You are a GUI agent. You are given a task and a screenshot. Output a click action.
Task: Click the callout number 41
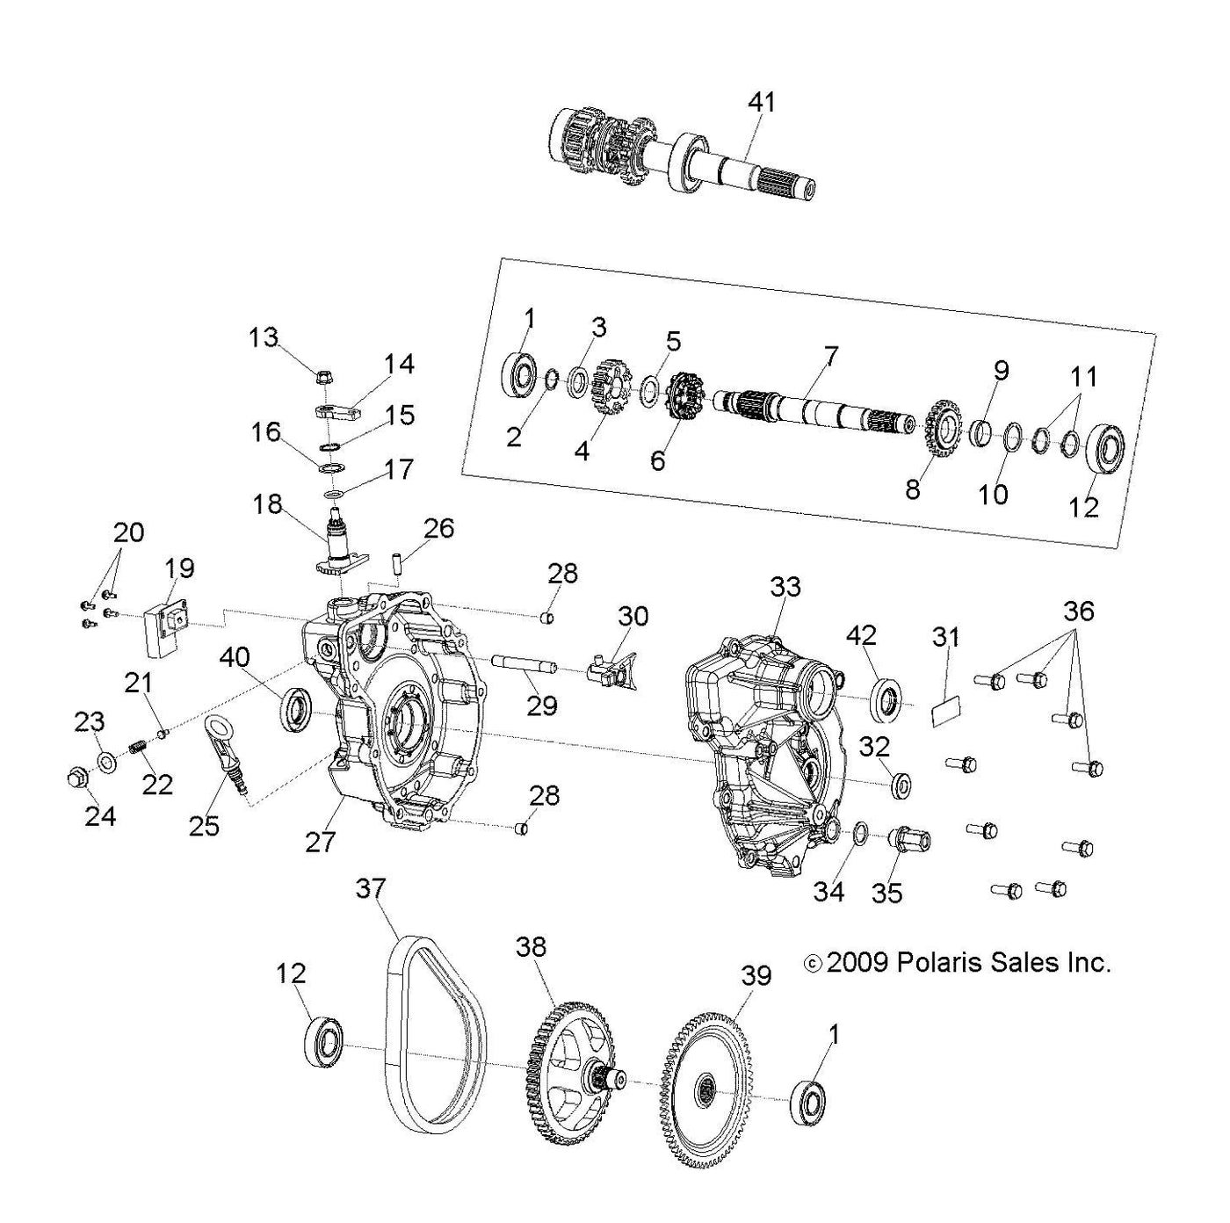762,103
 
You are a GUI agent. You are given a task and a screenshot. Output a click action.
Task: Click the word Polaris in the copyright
951,963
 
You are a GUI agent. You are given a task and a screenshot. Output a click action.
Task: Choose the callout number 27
320,842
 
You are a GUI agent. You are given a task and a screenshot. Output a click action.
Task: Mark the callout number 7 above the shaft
830,358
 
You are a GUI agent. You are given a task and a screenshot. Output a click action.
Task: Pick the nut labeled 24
76,777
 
